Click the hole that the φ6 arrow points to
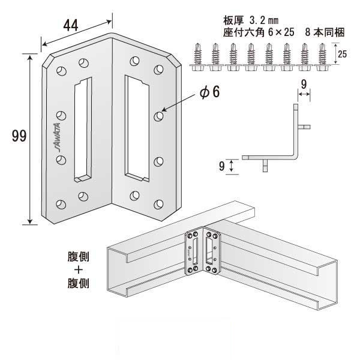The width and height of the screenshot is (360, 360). [x=159, y=114]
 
